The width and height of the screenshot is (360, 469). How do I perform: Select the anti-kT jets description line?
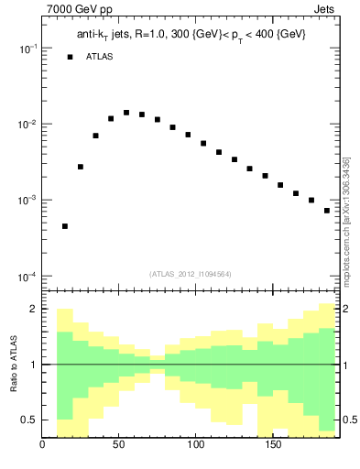(x=191, y=34)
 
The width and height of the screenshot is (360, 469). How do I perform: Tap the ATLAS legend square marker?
(x=70, y=57)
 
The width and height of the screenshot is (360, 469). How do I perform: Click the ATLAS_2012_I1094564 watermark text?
(x=191, y=274)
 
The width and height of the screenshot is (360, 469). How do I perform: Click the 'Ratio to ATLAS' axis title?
(x=14, y=364)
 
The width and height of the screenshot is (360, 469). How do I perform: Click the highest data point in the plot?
(x=126, y=113)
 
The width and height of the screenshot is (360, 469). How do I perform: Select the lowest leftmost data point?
(x=65, y=226)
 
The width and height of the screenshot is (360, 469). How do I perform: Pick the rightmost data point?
(x=327, y=211)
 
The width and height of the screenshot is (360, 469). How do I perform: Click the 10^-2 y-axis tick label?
(x=27, y=125)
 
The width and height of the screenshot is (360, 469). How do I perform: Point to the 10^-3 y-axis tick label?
(x=27, y=201)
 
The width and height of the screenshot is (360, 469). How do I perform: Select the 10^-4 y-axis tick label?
(x=27, y=277)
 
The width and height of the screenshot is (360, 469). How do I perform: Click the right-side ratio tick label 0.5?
(x=348, y=420)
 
